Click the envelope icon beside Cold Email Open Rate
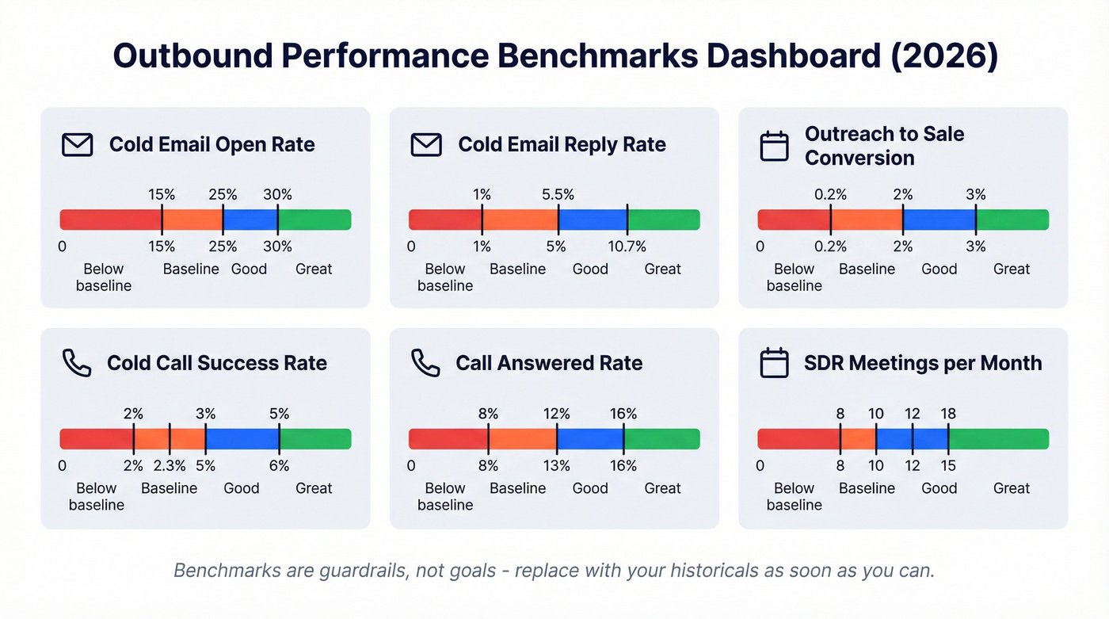(77, 145)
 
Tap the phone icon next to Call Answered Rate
(425, 363)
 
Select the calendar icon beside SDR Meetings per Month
(774, 363)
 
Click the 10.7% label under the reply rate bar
(627, 246)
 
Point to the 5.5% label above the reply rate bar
(558, 194)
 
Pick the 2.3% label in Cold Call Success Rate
(169, 466)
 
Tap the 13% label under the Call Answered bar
(557, 466)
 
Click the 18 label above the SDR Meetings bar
(948, 413)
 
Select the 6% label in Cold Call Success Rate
(279, 466)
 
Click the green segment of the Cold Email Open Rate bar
(314, 220)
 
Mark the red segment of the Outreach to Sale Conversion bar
(794, 220)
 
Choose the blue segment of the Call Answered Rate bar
(590, 438)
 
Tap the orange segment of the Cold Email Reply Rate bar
(520, 220)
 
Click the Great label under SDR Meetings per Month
(1012, 488)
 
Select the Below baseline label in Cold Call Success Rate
(97, 496)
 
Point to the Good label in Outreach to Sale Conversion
(939, 269)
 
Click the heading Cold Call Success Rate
(217, 363)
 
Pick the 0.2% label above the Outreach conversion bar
(830, 194)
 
